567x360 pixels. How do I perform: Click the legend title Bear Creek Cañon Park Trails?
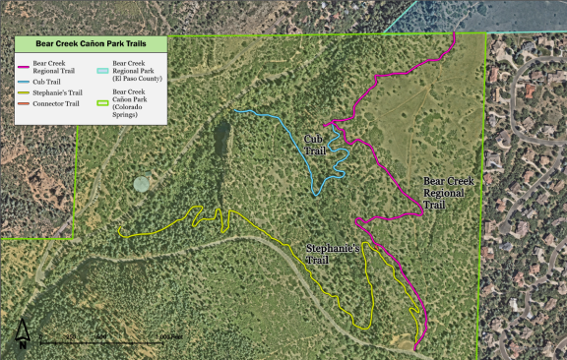pyautogui.click(x=92, y=45)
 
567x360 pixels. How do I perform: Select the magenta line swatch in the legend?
pyautogui.click(x=25, y=64)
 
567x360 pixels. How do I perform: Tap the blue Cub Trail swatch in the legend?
pyautogui.click(x=25, y=81)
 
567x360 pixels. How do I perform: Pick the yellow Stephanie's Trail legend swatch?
pyautogui.click(x=25, y=92)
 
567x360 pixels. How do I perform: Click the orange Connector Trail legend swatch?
pyautogui.click(x=25, y=103)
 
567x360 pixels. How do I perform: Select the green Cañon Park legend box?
pyautogui.click(x=103, y=94)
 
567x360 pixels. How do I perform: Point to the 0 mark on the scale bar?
pyautogui.click(x=39, y=337)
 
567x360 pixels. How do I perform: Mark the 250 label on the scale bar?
pyautogui.click(x=71, y=337)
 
